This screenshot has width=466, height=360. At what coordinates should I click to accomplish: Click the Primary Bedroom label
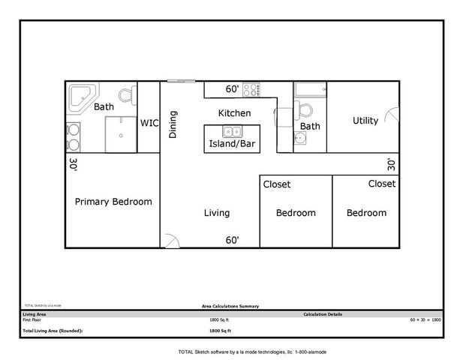click(x=113, y=202)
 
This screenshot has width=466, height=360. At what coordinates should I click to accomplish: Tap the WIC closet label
click(x=149, y=123)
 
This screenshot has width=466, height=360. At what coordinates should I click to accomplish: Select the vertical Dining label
click(x=173, y=124)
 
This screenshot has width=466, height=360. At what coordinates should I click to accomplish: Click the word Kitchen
click(x=234, y=113)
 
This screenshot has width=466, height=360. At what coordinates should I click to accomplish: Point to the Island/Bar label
click(x=233, y=143)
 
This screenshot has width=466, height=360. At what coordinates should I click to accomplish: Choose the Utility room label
click(x=365, y=121)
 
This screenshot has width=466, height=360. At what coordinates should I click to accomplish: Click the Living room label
click(x=217, y=213)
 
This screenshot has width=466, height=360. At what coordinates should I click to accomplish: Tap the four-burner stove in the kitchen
click(x=251, y=89)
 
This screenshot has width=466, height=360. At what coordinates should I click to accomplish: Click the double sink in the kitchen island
click(x=233, y=133)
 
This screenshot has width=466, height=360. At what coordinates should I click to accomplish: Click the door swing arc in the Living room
click(x=171, y=240)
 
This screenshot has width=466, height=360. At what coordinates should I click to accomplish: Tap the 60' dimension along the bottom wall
click(x=233, y=241)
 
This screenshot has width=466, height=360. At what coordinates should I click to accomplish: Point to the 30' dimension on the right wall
click(x=391, y=163)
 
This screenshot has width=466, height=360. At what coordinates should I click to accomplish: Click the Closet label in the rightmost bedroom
click(x=381, y=184)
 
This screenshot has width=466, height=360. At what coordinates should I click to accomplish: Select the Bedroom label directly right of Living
click(x=296, y=213)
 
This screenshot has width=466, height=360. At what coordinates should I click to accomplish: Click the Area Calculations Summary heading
click(x=230, y=306)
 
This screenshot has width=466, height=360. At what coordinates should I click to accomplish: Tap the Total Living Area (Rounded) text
click(x=53, y=330)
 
